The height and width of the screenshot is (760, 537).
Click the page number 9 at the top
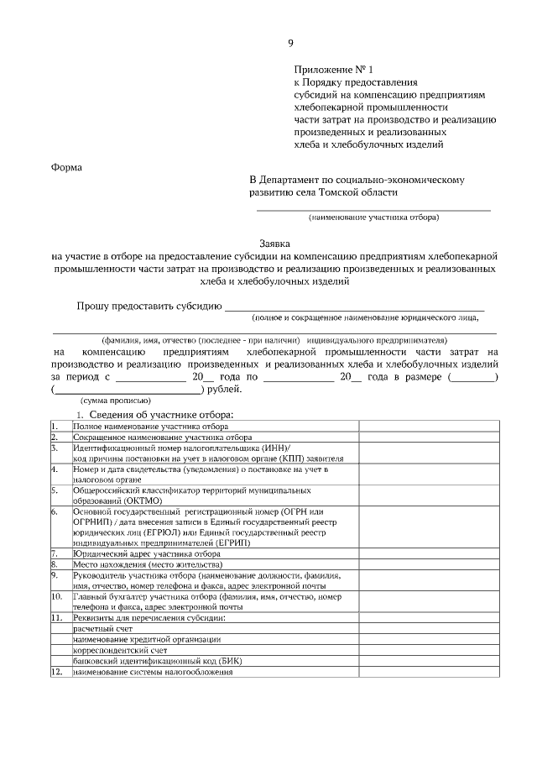pos(290,43)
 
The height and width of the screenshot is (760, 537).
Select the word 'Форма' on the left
pos(67,166)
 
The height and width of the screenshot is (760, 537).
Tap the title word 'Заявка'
pos(274,243)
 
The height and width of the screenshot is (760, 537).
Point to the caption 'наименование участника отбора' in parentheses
pos(373,218)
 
